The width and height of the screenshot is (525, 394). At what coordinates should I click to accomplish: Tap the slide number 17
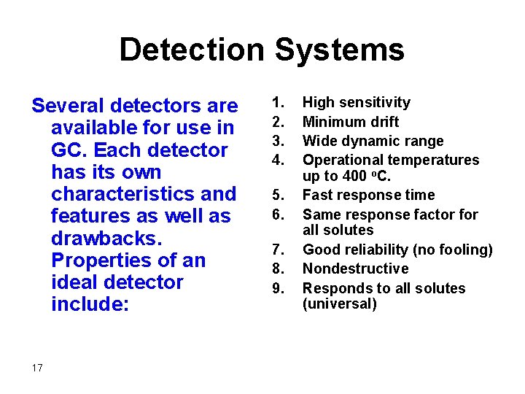click(x=37, y=368)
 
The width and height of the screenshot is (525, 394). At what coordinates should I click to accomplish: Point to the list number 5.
click(x=277, y=196)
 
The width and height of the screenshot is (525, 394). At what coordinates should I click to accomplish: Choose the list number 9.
click(x=277, y=288)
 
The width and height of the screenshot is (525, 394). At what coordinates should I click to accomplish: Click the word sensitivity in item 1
click(x=375, y=103)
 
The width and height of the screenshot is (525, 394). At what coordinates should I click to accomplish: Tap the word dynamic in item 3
click(x=368, y=141)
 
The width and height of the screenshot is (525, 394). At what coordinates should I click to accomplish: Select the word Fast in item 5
click(x=318, y=195)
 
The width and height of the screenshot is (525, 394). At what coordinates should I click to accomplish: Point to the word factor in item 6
click(x=415, y=215)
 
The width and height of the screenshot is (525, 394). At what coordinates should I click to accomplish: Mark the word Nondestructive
click(x=356, y=269)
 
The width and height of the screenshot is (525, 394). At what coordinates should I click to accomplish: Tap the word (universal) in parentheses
click(x=340, y=304)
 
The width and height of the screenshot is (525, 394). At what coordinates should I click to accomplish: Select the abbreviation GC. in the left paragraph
click(x=69, y=150)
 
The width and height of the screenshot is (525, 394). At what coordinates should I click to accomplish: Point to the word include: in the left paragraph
click(x=90, y=304)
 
